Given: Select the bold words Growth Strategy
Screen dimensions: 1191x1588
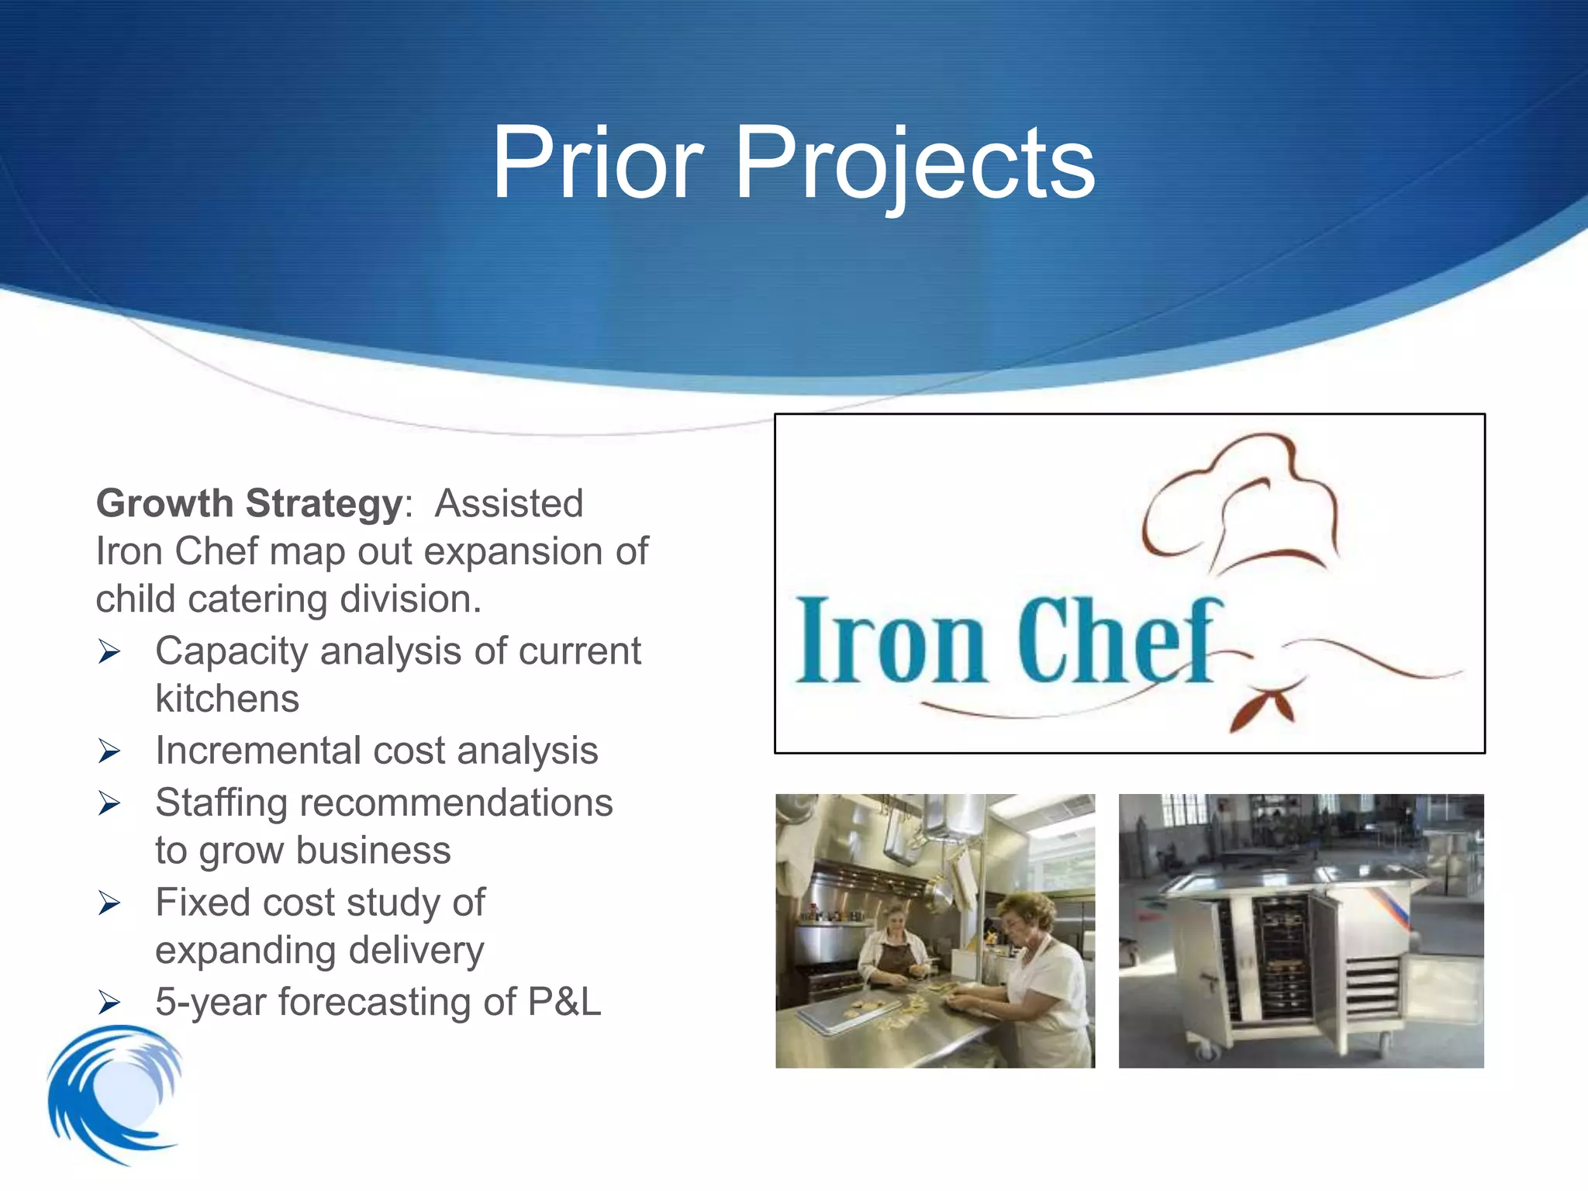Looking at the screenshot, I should (x=249, y=504).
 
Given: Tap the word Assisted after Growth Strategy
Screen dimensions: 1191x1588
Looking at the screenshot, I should (x=509, y=504).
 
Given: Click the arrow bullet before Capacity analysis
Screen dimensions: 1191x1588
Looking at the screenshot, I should (x=109, y=652).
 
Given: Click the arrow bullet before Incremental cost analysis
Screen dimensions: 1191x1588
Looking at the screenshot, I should (x=109, y=751).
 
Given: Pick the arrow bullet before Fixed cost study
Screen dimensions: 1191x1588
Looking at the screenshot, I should (x=109, y=903).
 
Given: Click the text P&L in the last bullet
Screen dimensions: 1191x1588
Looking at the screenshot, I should (x=564, y=1002).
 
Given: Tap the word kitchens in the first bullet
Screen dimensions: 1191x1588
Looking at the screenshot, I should (x=226, y=699).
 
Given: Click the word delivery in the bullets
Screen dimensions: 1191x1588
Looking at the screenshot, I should (x=416, y=951).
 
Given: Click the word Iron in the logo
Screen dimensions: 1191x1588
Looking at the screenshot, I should (x=892, y=642).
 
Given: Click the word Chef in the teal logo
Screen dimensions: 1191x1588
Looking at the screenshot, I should (x=1117, y=642).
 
